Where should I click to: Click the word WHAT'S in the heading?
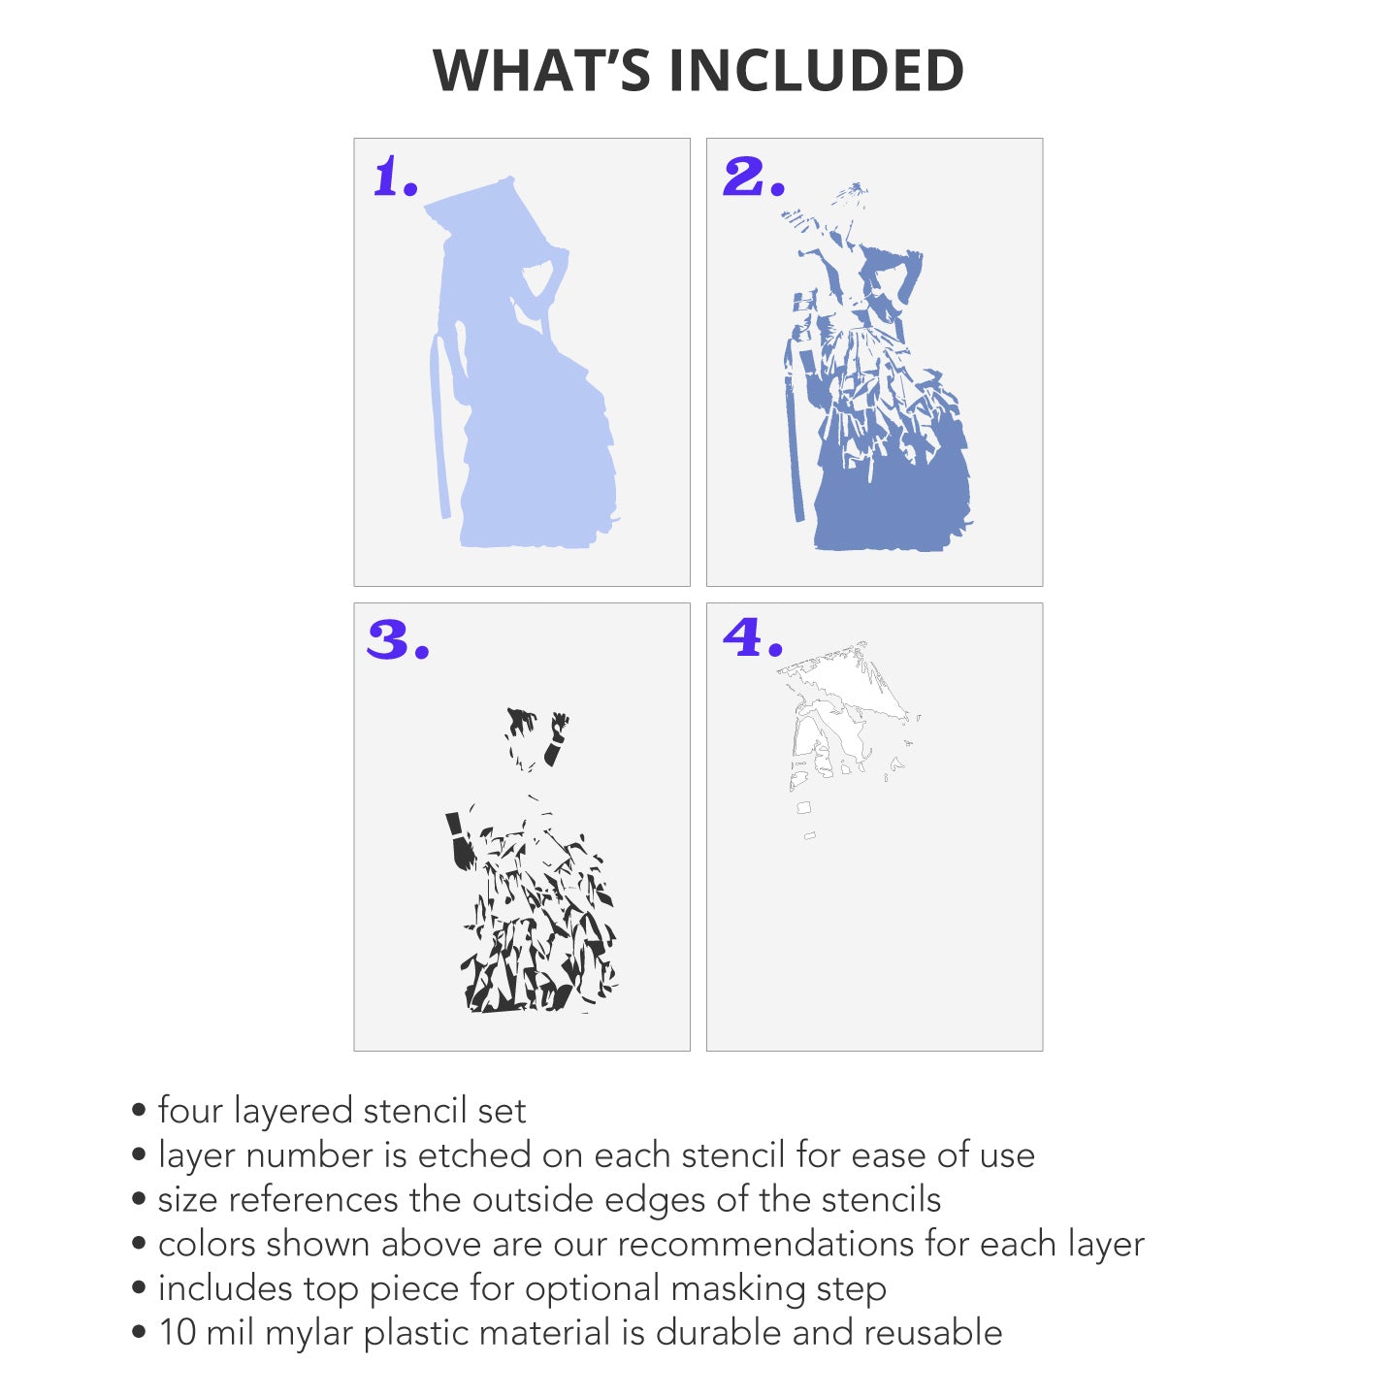coord(540,70)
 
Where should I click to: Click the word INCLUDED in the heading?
coord(816,70)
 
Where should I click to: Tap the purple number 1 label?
coord(395,177)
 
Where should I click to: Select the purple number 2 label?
coord(754,177)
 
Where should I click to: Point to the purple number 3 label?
coord(398,639)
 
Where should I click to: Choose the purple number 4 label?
coord(753,637)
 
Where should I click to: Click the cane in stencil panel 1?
coord(440,428)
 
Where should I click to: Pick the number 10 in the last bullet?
coord(178,1333)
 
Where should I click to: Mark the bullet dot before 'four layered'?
coord(139,1112)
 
